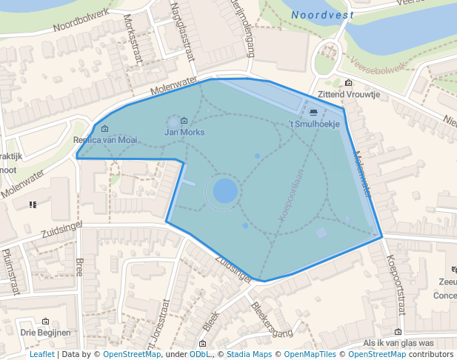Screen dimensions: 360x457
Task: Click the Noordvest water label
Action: (322, 15)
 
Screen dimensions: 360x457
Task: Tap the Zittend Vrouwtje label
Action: (348, 95)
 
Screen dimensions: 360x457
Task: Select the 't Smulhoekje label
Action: (313, 124)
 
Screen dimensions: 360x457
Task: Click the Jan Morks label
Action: (184, 132)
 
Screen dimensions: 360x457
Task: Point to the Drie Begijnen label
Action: (45, 333)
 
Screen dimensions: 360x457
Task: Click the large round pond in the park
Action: (225, 191)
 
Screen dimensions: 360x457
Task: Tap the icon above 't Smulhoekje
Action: (313, 113)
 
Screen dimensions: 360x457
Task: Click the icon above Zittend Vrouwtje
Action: (349, 83)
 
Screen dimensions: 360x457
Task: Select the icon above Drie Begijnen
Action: (46, 321)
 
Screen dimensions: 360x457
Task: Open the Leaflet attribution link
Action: (41, 354)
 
